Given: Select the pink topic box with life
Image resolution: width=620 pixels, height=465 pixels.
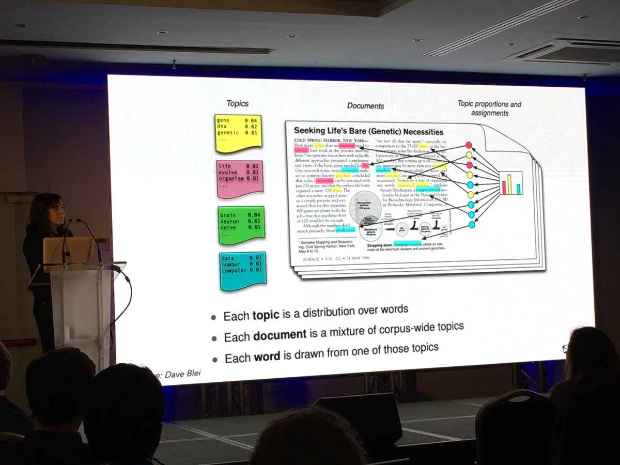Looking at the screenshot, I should pos(239,177).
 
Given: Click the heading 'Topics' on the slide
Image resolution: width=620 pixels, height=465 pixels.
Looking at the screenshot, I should pos(238,103).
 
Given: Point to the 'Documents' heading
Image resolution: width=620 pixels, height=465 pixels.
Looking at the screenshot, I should pos(365,105).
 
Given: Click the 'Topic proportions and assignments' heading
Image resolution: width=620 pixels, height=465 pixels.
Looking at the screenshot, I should pos(489,108).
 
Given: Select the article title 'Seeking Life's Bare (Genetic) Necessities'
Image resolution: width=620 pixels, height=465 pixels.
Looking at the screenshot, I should pos(368,131).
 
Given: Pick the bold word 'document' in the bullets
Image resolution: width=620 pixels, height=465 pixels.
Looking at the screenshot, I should pos(279,335).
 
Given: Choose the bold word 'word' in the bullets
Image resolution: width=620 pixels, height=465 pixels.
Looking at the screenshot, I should pos(266,356).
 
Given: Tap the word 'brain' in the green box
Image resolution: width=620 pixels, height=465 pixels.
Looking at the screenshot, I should pos(228,214).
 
